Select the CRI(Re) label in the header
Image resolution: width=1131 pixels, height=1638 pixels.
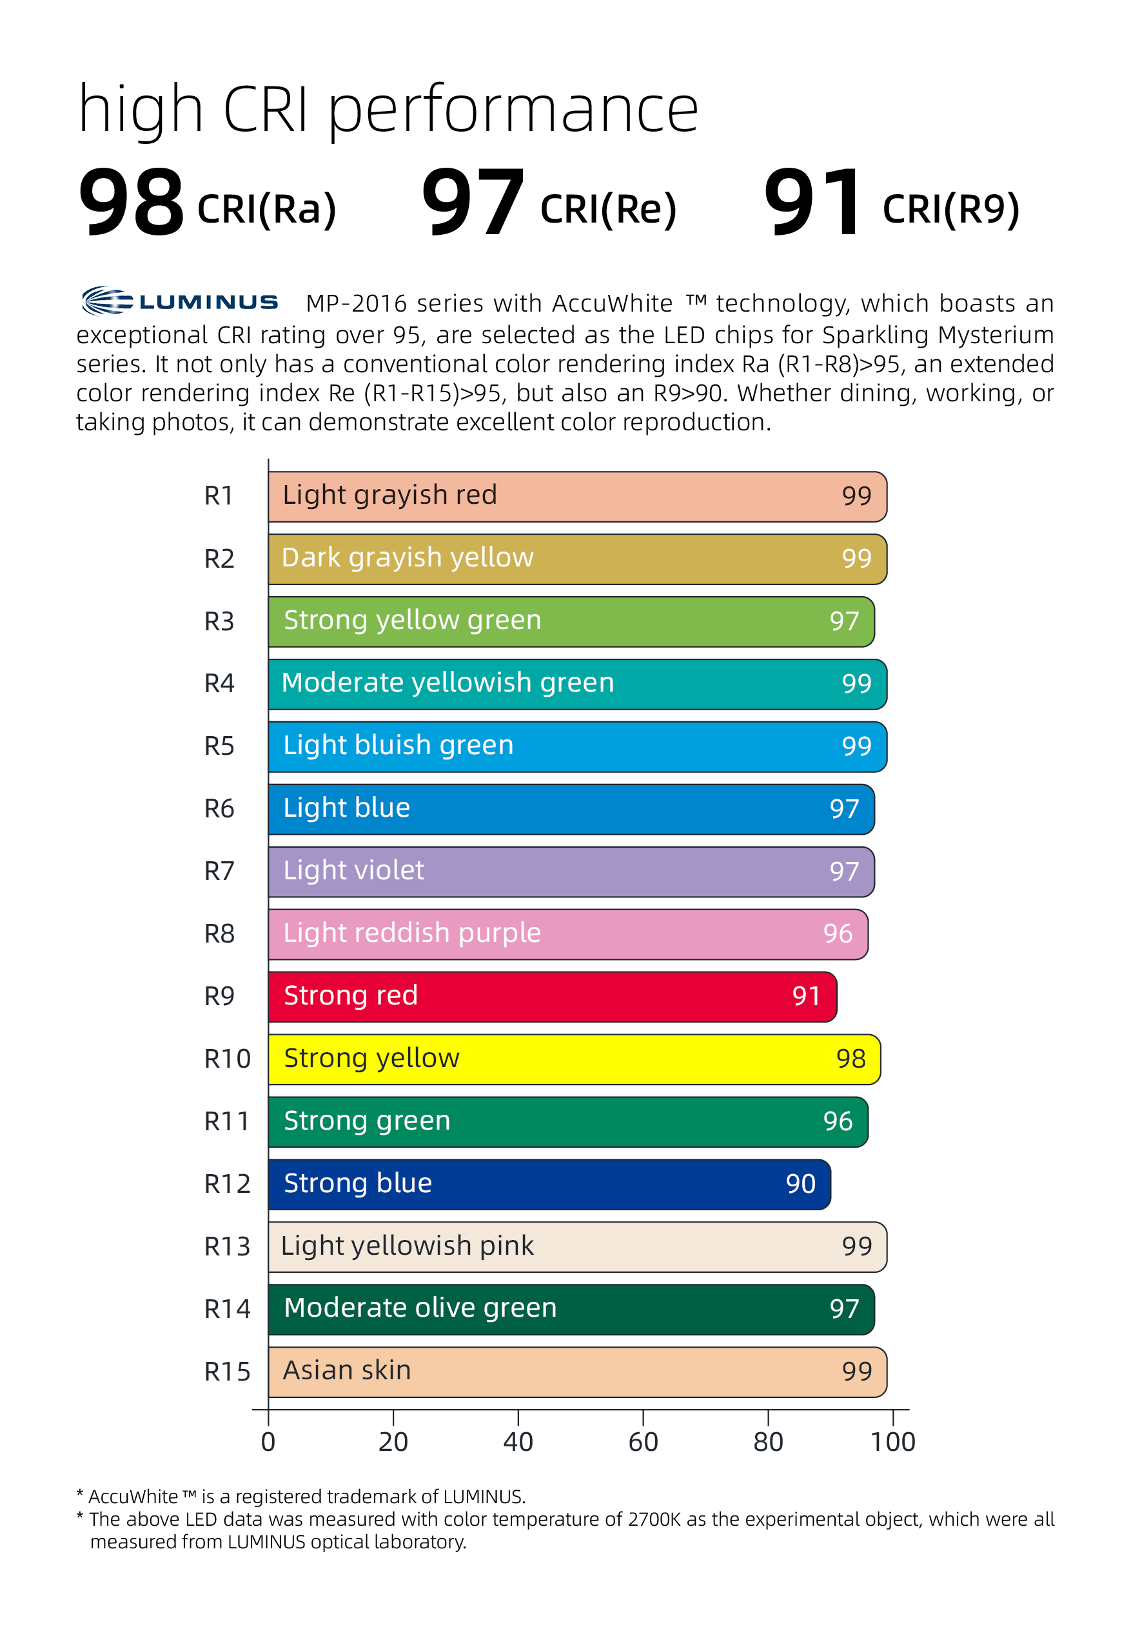point(608,209)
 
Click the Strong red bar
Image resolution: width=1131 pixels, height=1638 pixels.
point(552,996)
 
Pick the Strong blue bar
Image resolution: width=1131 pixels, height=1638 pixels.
point(549,1184)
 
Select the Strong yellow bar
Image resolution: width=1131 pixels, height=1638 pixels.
point(574,1059)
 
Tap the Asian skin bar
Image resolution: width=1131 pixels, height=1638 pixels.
point(577,1372)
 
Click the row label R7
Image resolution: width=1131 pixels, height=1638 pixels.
point(219,871)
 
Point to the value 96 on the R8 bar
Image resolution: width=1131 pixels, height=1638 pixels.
point(838,934)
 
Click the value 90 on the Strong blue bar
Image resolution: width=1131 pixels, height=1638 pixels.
point(801,1184)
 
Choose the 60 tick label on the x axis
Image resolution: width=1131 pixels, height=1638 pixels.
point(643,1442)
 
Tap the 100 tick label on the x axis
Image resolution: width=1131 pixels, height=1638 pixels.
point(892,1442)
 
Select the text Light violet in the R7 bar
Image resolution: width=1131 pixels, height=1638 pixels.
point(353,870)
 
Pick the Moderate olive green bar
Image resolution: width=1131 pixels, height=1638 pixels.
point(571,1308)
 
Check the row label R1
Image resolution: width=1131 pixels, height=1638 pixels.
point(219,495)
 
